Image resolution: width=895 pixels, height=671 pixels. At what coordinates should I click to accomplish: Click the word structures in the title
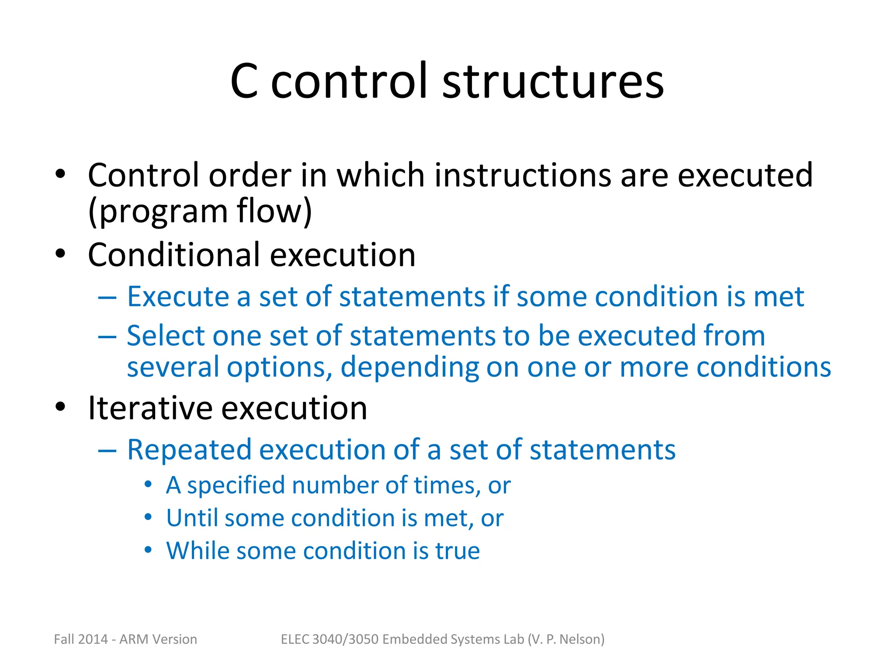click(x=553, y=81)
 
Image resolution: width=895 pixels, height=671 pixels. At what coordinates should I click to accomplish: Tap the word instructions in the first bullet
click(x=523, y=176)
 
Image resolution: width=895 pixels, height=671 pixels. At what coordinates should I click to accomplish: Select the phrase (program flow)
click(x=200, y=211)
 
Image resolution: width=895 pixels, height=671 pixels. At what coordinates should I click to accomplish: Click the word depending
click(x=409, y=367)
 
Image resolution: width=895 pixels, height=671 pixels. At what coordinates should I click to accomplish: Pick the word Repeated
click(x=189, y=450)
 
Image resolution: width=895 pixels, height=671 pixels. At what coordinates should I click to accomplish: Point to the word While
click(x=198, y=551)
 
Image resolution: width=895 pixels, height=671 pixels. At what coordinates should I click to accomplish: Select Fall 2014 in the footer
click(x=80, y=640)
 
